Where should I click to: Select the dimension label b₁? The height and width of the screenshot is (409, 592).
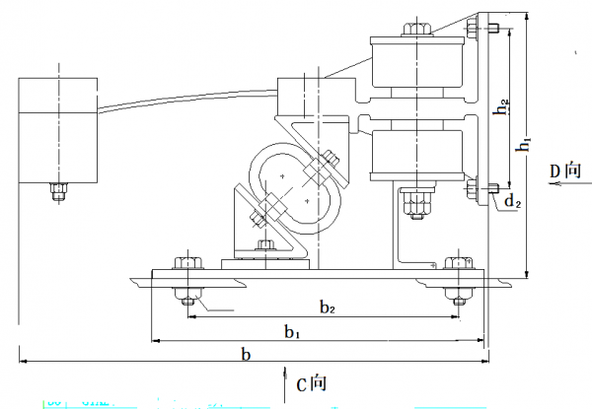tap(292, 332)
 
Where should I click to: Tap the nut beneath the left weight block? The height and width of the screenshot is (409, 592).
tap(57, 189)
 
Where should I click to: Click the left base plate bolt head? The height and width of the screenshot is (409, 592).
tap(185, 265)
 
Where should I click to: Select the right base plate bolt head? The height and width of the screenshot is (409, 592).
tap(456, 264)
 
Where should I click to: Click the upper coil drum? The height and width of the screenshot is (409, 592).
tap(417, 63)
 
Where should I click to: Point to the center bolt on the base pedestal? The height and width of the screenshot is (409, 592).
tap(264, 245)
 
